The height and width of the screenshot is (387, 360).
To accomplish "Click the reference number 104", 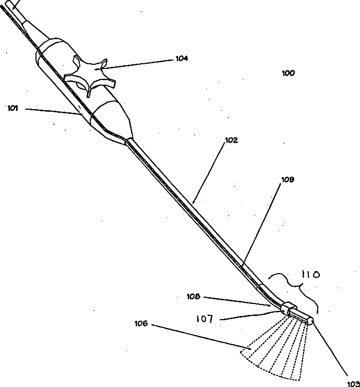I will (x=181, y=58).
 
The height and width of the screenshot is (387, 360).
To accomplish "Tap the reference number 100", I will (x=288, y=73).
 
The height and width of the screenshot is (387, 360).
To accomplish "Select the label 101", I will (x=13, y=109).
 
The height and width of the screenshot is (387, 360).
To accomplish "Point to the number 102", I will (x=231, y=140).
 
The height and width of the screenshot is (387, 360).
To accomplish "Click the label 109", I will (x=287, y=179).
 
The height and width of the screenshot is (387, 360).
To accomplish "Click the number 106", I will (x=141, y=324).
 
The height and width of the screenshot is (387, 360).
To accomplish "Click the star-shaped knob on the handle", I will (x=90, y=76).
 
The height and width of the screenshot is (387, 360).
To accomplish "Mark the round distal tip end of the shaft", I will (x=311, y=322).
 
